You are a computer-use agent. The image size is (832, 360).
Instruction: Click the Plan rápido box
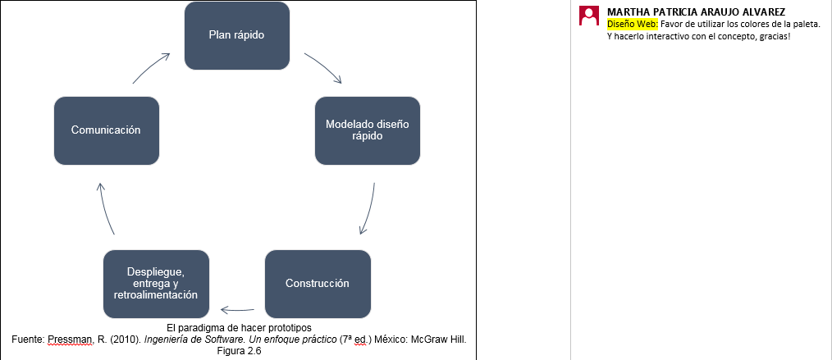tap(236, 35)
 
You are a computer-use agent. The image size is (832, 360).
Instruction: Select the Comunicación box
tap(107, 130)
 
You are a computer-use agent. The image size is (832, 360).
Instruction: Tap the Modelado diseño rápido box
tap(368, 130)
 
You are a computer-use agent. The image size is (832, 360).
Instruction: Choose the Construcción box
tap(318, 284)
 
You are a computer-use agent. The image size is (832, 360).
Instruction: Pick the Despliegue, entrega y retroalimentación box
tap(156, 284)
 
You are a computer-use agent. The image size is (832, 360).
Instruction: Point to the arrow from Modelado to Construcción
tap(370, 209)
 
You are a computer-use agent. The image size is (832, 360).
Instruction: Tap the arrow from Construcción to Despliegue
tap(237, 310)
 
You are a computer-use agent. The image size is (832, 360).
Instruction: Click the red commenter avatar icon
tap(589, 16)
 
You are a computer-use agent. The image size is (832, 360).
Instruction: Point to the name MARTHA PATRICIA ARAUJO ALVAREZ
tap(696, 11)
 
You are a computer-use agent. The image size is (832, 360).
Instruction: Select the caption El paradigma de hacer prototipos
tap(239, 326)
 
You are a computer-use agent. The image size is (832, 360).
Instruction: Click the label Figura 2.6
tap(240, 350)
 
